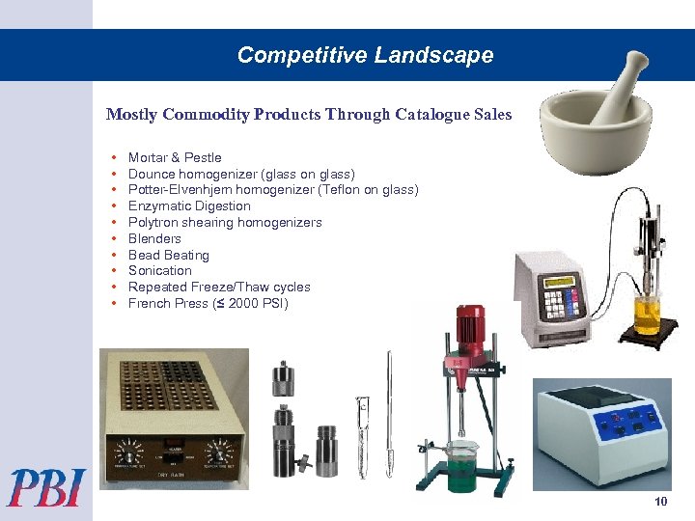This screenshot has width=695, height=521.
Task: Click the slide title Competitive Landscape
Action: (365, 55)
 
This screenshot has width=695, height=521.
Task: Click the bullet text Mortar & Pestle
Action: (175, 157)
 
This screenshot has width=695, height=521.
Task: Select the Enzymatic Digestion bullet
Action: (189, 206)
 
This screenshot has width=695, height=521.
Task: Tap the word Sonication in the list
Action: (160, 270)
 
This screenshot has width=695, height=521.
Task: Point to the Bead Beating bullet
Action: (169, 255)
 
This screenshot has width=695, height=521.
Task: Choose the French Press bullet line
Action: (208, 303)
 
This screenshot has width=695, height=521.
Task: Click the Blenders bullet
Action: (154, 238)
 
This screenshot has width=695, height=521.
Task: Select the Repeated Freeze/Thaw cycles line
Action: (219, 287)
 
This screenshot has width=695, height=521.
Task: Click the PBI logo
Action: (46, 486)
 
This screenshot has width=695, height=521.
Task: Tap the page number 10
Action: (660, 502)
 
